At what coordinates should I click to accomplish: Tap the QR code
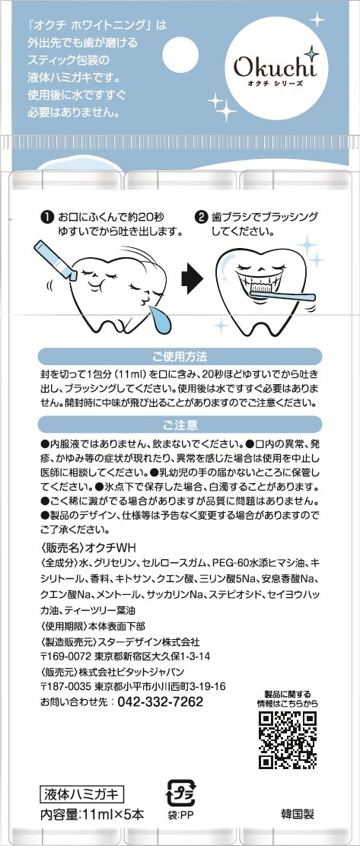pyautogui.click(x=287, y=739)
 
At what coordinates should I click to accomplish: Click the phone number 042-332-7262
pyautogui.click(x=161, y=701)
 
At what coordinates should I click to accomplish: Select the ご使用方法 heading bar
pyautogui.click(x=180, y=357)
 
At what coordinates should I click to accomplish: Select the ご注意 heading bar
pyautogui.click(x=180, y=425)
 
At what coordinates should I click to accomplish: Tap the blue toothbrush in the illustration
pyautogui.click(x=283, y=294)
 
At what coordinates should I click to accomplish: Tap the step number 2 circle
pyautogui.click(x=201, y=218)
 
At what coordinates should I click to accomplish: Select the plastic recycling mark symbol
pyautogui.click(x=180, y=793)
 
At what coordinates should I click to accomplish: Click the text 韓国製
pyautogui.click(x=297, y=814)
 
